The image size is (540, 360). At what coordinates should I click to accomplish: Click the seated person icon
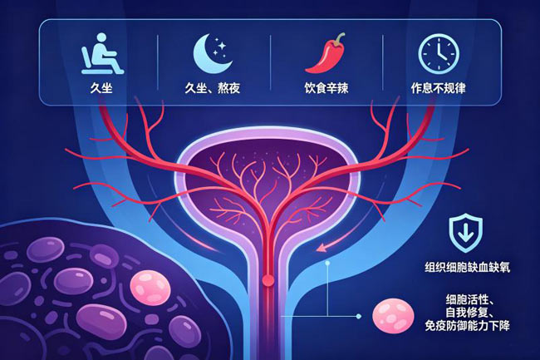pos(102,54)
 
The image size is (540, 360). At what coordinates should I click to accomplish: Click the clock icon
pos(439,54)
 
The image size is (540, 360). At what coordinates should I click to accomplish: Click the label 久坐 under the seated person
pos(101,88)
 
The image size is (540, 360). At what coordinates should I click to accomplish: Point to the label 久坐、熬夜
pos(212,88)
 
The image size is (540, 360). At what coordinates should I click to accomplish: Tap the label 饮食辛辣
pos(326,88)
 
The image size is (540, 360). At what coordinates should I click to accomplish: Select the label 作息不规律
pos(439,88)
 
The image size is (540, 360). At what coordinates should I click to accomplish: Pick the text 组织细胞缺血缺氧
pos(468,268)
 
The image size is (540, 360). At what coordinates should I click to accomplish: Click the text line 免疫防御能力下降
pos(467,326)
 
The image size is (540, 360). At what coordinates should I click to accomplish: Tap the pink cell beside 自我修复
pos(393,316)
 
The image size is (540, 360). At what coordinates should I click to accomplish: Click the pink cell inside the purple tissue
pos(150,288)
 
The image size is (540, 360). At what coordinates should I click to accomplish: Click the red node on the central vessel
pos(268,280)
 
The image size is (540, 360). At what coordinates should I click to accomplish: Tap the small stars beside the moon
pos(219,48)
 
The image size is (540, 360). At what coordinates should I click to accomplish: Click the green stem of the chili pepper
pos(340,37)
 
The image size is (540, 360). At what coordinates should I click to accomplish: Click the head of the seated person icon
pos(101,38)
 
